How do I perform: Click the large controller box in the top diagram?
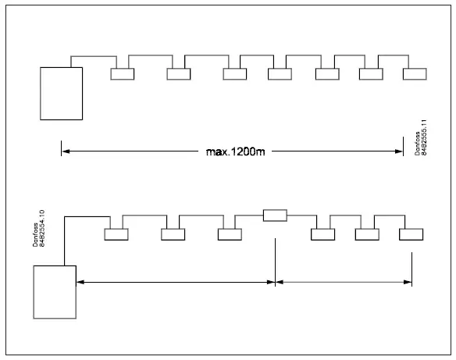point(62,93)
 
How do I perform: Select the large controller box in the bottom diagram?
point(55,291)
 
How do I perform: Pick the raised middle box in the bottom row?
point(276,216)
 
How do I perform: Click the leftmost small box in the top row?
point(123,74)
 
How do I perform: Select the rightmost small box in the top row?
point(415,74)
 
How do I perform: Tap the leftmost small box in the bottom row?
point(116,234)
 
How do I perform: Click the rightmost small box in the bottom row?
point(411,234)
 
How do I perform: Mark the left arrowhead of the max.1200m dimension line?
point(65,151)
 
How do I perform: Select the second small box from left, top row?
point(179,74)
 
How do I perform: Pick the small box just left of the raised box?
point(230,234)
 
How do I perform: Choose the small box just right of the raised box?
point(323,234)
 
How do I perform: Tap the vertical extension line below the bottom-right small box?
point(411,266)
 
